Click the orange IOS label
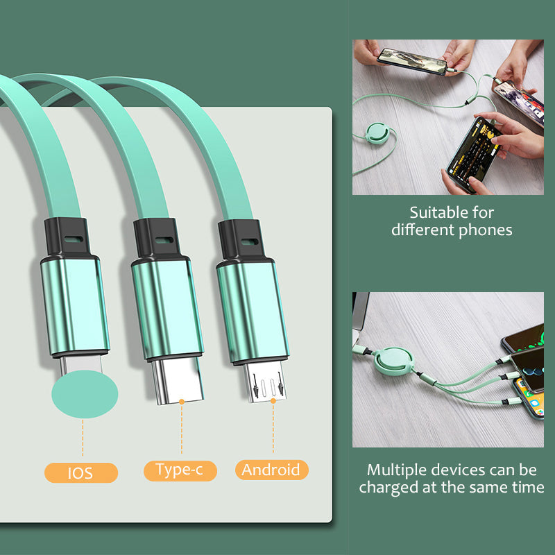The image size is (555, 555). click(81, 473)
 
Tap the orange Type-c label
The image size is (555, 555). click(180, 470)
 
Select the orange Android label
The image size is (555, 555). click(271, 470)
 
